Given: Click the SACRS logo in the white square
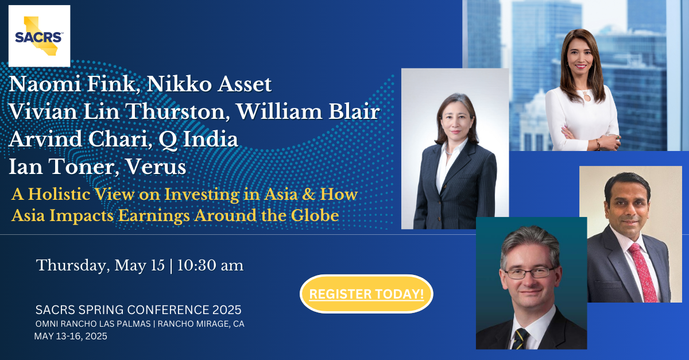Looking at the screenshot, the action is pos(39,36).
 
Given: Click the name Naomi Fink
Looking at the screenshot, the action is pos(72,84).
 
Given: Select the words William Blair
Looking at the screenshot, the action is pos(308,111).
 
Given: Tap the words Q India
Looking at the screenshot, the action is pos(199,139).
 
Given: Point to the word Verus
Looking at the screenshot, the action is pos(156,167).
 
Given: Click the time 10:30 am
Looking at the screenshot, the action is pos(210,265).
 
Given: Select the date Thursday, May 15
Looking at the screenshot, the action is pos(100,265).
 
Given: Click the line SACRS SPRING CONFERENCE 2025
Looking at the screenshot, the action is pos(138,310).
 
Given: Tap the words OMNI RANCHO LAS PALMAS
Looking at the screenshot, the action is pos(93,324).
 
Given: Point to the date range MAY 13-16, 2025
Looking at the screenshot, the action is pos(71,336).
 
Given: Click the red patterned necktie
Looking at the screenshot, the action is pos(643,272).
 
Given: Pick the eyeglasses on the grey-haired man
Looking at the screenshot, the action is pos(529,273).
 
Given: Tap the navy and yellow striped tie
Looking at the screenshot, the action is pos(521,339).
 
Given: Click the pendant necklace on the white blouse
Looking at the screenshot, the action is pos(587,95).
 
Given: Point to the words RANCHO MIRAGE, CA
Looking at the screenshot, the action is pos(201,324).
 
